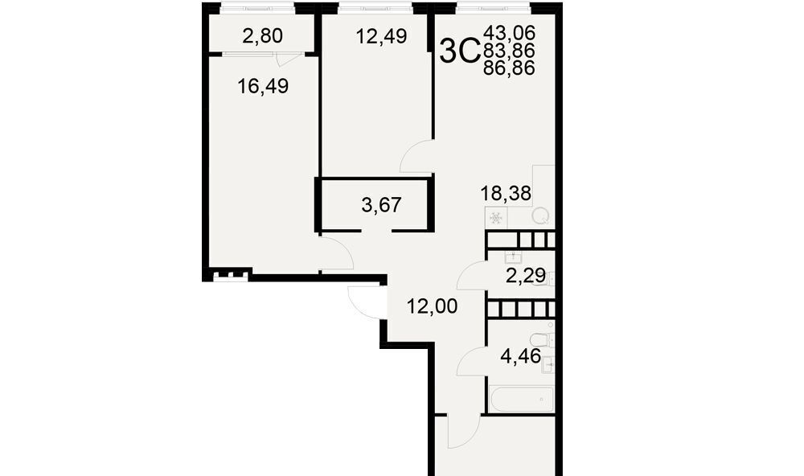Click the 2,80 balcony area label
(263, 36)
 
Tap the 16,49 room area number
(263, 86)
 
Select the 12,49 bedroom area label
(381, 36)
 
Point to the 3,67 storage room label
(381, 205)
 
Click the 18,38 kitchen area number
(506, 193)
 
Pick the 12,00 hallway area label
(432, 306)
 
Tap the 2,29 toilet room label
(526, 276)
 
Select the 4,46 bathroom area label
(520, 355)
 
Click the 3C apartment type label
(459, 51)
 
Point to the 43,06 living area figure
(509, 33)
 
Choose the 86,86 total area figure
(509, 68)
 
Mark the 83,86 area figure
(509, 51)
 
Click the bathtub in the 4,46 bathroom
(521, 400)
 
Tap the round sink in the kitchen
(539, 216)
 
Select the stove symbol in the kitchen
(496, 217)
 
